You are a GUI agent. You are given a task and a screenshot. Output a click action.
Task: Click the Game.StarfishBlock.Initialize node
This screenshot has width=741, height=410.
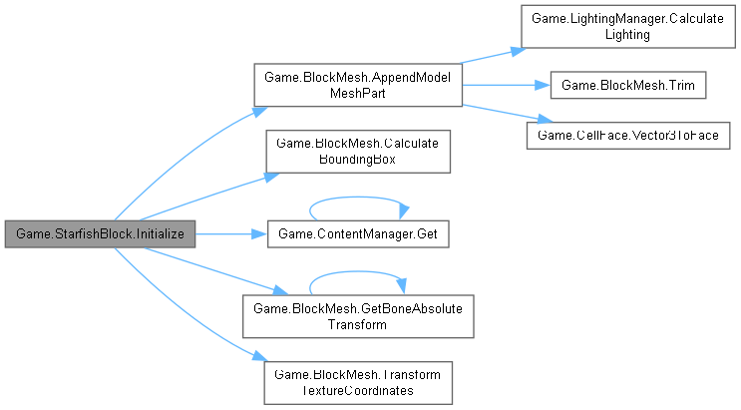tap(100, 235)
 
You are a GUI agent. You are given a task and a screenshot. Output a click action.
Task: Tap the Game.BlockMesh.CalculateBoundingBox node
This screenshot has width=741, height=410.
tap(357, 151)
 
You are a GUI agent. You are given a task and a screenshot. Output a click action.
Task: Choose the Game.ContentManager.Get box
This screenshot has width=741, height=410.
tap(357, 235)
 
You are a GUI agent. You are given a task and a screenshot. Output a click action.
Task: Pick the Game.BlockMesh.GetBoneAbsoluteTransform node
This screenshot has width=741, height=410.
tap(357, 317)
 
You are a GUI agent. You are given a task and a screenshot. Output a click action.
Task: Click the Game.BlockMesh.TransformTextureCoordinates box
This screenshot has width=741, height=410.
tap(357, 382)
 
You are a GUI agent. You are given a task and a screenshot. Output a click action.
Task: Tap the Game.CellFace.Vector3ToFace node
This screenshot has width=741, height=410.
tap(630, 133)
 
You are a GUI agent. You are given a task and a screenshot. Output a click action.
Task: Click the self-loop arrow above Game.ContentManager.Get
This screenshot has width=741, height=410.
tap(357, 200)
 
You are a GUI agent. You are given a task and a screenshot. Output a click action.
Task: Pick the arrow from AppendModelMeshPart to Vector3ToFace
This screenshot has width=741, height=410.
tap(494, 109)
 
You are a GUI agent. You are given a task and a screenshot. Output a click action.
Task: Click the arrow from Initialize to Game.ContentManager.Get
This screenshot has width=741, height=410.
tap(229, 235)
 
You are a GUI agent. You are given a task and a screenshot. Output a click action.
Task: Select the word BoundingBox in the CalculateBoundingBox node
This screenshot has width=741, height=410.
tap(357, 159)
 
